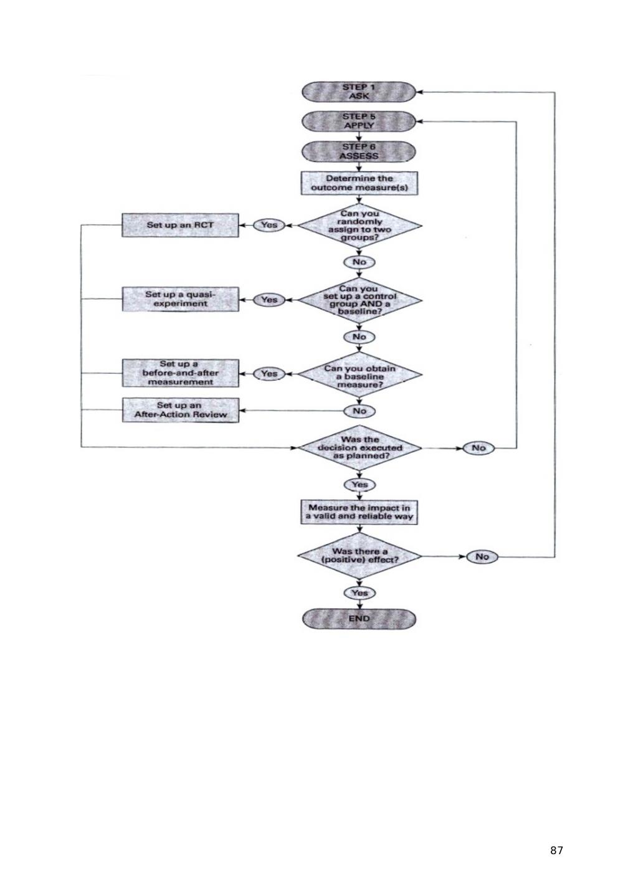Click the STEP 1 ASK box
click(359, 92)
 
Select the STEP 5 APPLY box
click(359, 121)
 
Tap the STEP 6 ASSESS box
click(359, 151)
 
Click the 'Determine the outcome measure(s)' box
click(359, 183)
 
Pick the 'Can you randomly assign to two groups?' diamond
click(360, 226)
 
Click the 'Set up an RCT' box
click(180, 225)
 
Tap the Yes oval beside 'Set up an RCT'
click(269, 225)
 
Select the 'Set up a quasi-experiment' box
click(181, 299)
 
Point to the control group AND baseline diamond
click(360, 300)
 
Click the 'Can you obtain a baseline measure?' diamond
click(360, 374)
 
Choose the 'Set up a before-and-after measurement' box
click(181, 373)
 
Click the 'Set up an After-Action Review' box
click(181, 410)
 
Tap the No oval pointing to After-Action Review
click(359, 411)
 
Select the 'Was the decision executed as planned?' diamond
click(360, 447)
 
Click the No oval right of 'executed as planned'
click(478, 448)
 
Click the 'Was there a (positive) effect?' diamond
click(360, 556)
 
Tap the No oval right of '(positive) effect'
click(482, 557)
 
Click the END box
click(359, 619)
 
